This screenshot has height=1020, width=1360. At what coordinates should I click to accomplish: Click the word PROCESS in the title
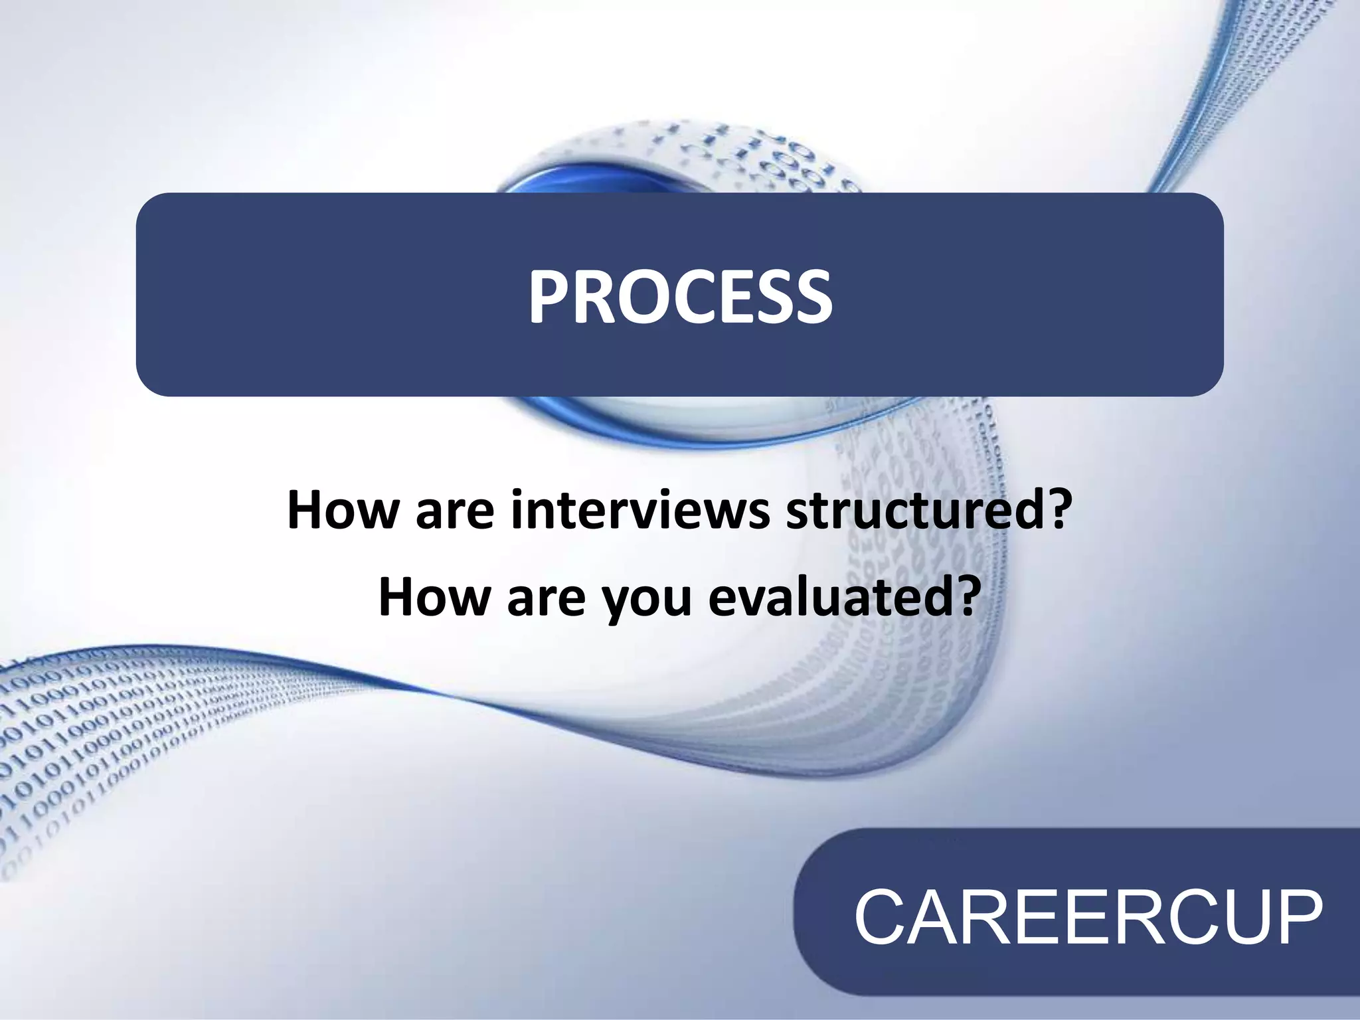(x=680, y=296)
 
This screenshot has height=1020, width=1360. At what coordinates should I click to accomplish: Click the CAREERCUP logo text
(x=1088, y=918)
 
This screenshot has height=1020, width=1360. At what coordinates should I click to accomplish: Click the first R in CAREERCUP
(x=982, y=918)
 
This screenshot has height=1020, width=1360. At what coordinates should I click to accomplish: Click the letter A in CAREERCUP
(x=932, y=918)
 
